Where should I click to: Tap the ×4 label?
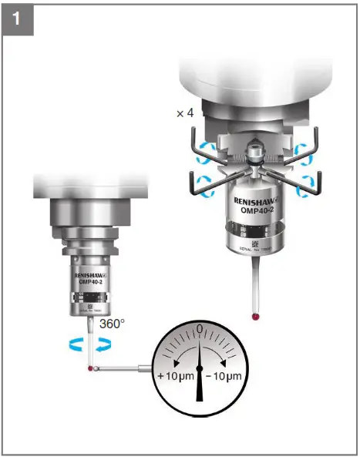pos(185,113)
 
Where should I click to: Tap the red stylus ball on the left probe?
pos(92,370)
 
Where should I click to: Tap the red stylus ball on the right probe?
pos(255,315)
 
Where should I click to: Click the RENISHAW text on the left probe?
pos(92,274)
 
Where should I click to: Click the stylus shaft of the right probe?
pos(255,285)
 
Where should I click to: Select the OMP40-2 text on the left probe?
pos(92,282)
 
